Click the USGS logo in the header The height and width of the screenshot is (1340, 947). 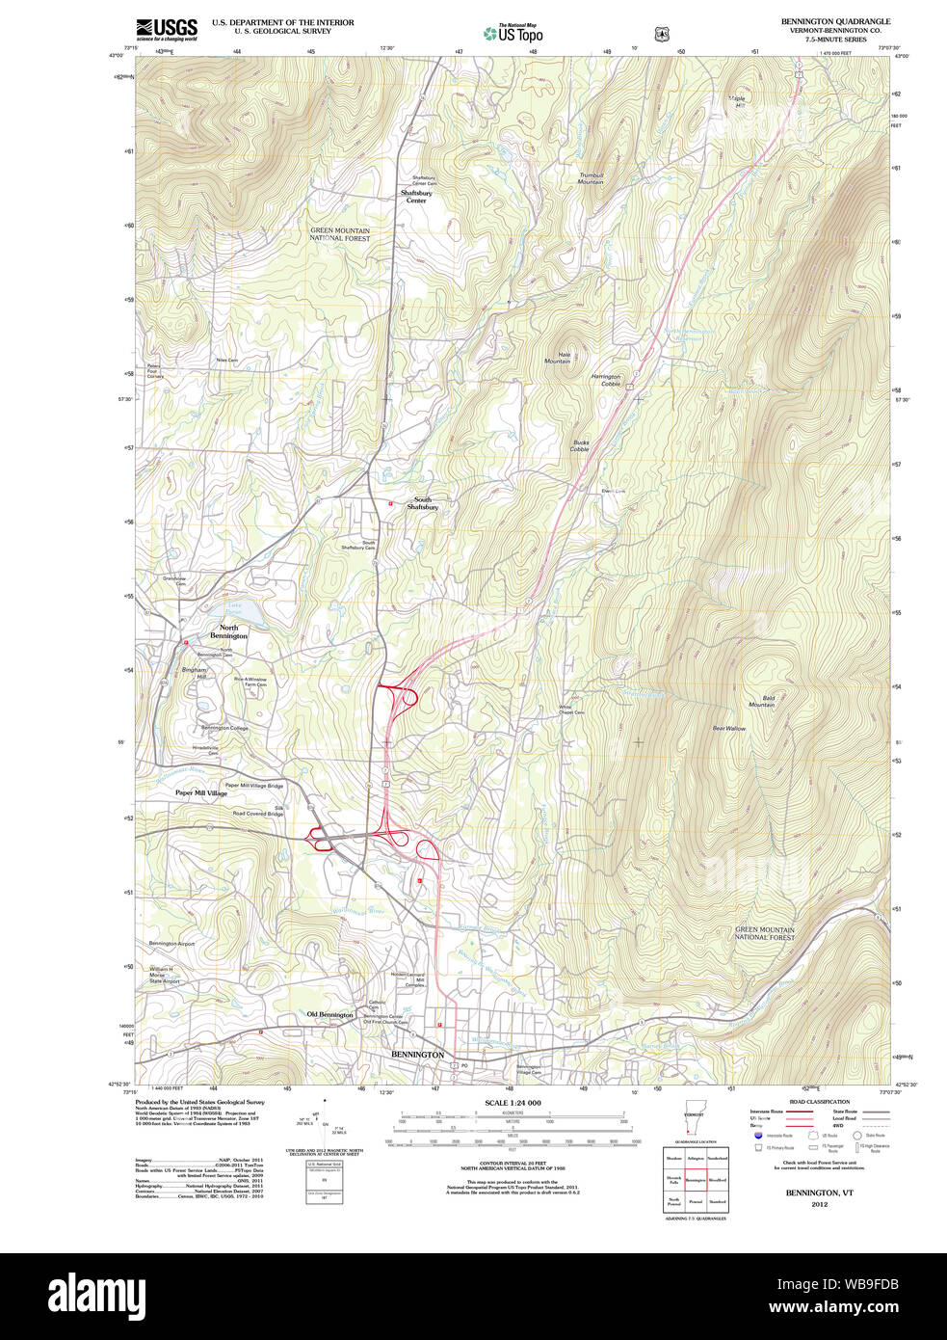(166, 29)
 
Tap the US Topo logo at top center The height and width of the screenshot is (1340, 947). (513, 33)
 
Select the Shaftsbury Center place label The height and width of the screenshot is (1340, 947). (416, 197)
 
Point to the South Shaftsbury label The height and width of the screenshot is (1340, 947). (422, 503)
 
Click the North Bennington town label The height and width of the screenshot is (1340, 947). (228, 631)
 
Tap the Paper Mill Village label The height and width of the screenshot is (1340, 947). (200, 793)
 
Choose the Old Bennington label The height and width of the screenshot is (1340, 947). (329, 1014)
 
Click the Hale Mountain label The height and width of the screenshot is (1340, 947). (558, 358)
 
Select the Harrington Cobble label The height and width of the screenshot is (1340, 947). (607, 380)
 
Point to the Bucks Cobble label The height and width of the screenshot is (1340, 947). (580, 446)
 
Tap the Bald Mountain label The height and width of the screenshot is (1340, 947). (761, 701)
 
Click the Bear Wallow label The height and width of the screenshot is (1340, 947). (729, 728)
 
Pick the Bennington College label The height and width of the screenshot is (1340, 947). (224, 728)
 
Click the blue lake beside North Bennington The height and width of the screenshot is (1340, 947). (244, 610)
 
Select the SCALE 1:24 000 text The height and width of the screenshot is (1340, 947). (513, 1103)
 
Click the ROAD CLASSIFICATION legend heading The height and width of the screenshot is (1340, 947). (819, 1101)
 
